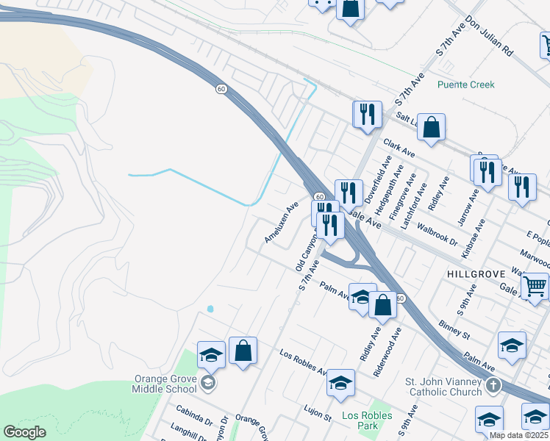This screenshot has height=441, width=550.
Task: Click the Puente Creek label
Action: [x=465, y=85]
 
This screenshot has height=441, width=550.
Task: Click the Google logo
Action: [x=24, y=432]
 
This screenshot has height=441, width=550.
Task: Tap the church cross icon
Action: [x=493, y=385]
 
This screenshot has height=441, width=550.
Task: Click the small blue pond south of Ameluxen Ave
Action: [x=210, y=309]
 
